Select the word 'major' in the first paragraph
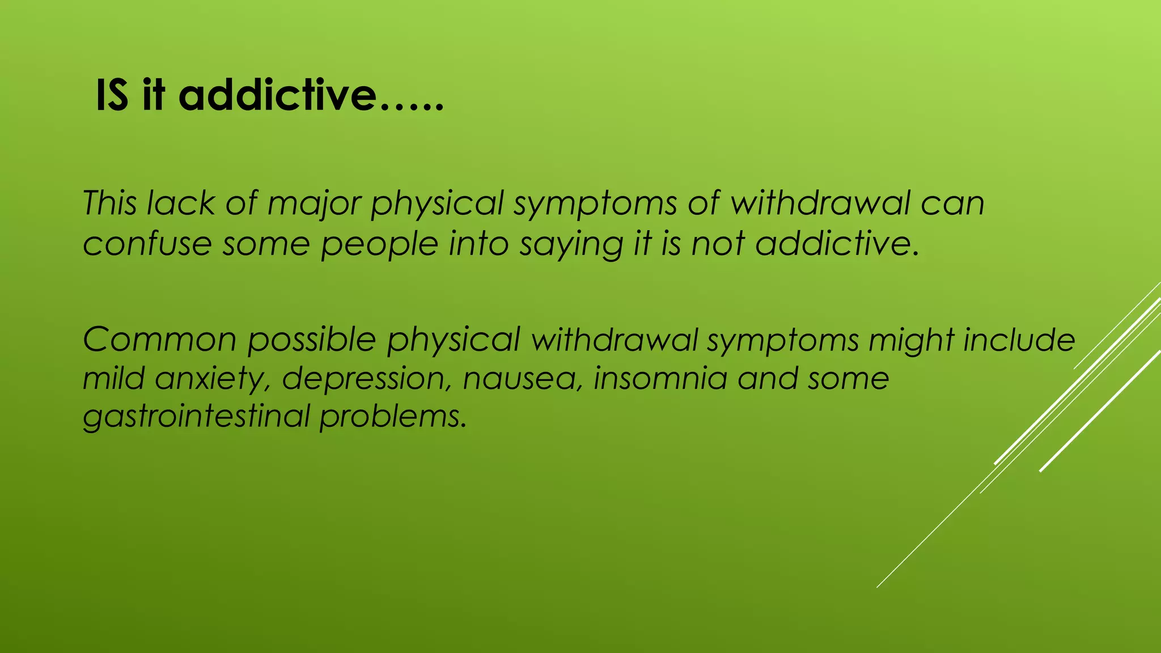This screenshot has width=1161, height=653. coord(314,203)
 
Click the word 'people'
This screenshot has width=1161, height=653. coord(379,245)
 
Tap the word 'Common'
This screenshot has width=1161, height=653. coord(159,340)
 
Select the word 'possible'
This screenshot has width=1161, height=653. coord(312,340)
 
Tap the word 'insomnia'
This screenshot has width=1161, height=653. coord(660,378)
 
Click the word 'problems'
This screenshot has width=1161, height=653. coord(393,417)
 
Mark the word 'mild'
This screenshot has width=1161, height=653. coord(113,378)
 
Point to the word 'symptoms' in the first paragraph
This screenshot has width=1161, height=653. coord(595,203)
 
